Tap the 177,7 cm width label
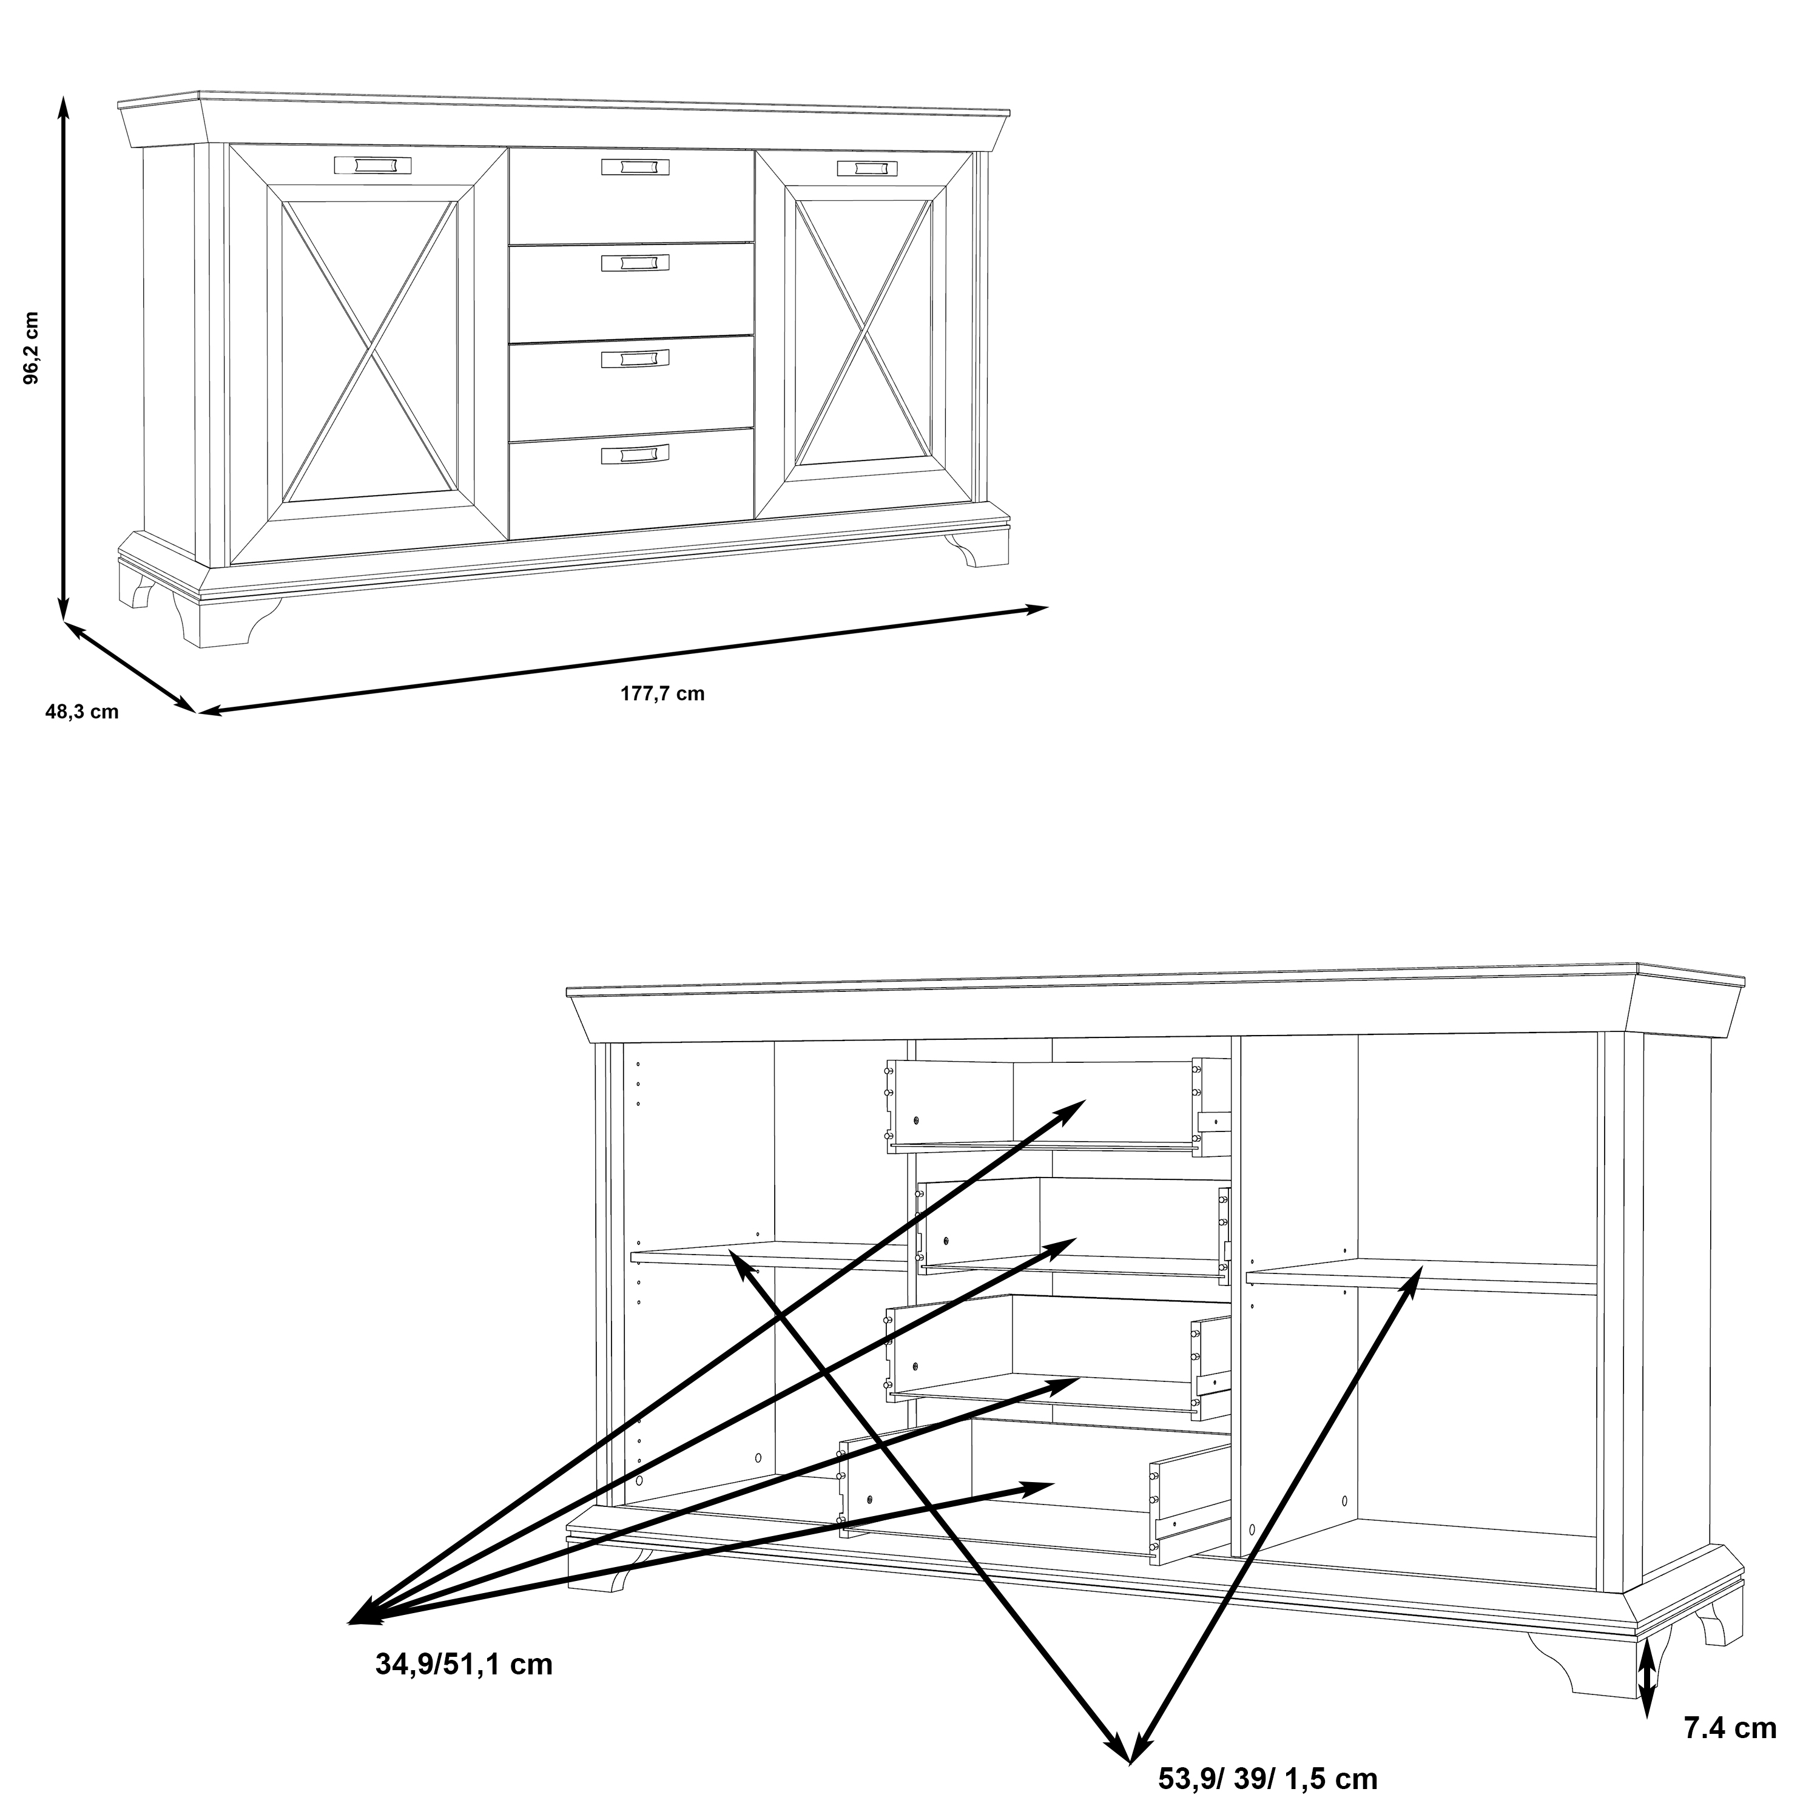662,694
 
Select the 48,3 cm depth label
82,712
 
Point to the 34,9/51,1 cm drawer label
463,1665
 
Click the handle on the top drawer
636,167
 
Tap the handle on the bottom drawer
635,453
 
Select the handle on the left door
373,165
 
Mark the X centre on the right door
864,334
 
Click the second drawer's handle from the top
636,262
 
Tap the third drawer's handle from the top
636,358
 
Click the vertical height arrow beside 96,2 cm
63,358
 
